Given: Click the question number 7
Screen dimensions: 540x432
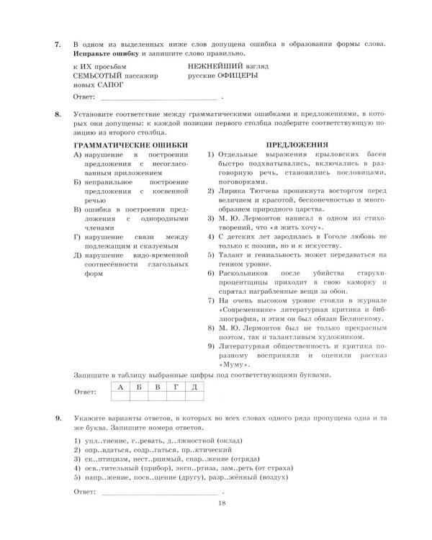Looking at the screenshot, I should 57,45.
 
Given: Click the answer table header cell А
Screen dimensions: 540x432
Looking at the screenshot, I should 121,388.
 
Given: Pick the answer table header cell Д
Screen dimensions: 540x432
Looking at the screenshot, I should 194,388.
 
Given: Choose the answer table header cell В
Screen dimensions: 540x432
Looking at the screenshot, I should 157,388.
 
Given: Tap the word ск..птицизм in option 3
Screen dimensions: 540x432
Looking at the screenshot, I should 106,458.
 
